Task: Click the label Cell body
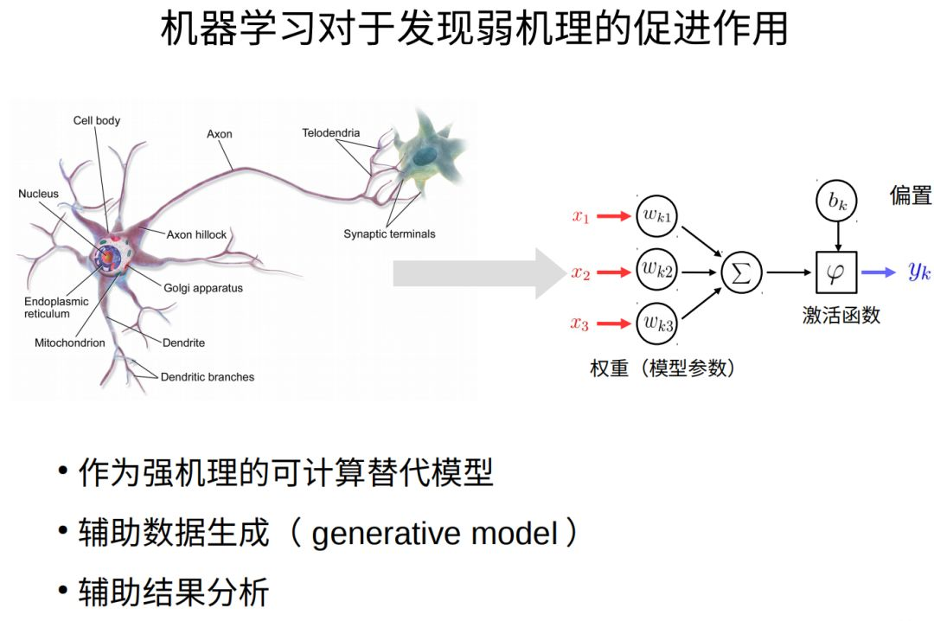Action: click(96, 121)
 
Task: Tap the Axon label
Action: click(219, 134)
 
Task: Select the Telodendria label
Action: click(330, 133)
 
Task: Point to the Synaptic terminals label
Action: click(389, 234)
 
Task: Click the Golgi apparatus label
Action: click(202, 288)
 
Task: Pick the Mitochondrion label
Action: click(70, 343)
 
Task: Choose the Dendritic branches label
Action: click(208, 377)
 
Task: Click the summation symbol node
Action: click(742, 272)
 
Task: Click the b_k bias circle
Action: click(836, 202)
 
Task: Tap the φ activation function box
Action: click(836, 272)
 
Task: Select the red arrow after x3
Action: click(613, 324)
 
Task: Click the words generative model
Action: click(435, 534)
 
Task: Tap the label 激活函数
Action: click(841, 316)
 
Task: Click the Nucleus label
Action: click(39, 194)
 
